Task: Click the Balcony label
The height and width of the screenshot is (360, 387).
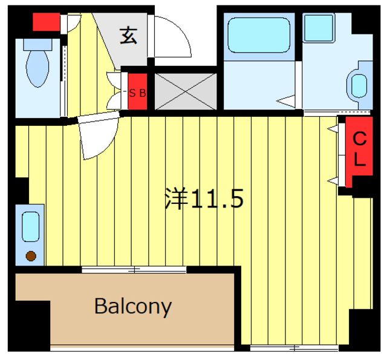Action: click(133, 306)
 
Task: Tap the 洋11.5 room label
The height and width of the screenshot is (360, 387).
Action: click(204, 198)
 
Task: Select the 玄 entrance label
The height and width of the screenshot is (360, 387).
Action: click(129, 36)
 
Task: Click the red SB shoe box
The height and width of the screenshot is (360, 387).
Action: click(137, 91)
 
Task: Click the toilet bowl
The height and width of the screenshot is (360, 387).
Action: click(37, 68)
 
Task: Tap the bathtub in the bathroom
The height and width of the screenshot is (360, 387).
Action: click(259, 35)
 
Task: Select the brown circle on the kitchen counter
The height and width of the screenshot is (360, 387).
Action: click(31, 256)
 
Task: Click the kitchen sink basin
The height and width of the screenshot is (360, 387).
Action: click(31, 227)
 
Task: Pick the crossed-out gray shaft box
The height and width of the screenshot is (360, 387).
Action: click(186, 91)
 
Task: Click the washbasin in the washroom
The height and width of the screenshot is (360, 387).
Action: click(359, 86)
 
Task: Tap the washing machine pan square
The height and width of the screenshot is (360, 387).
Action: click(319, 28)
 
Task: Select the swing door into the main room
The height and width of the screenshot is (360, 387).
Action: click(99, 134)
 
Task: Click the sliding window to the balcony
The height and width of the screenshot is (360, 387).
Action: click(134, 269)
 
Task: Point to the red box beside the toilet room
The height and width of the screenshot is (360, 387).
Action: click(47, 22)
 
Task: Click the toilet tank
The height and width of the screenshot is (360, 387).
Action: click(37, 45)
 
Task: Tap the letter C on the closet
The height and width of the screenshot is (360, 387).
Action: click(360, 139)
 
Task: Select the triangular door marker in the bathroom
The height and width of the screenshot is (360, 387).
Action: click(286, 101)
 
